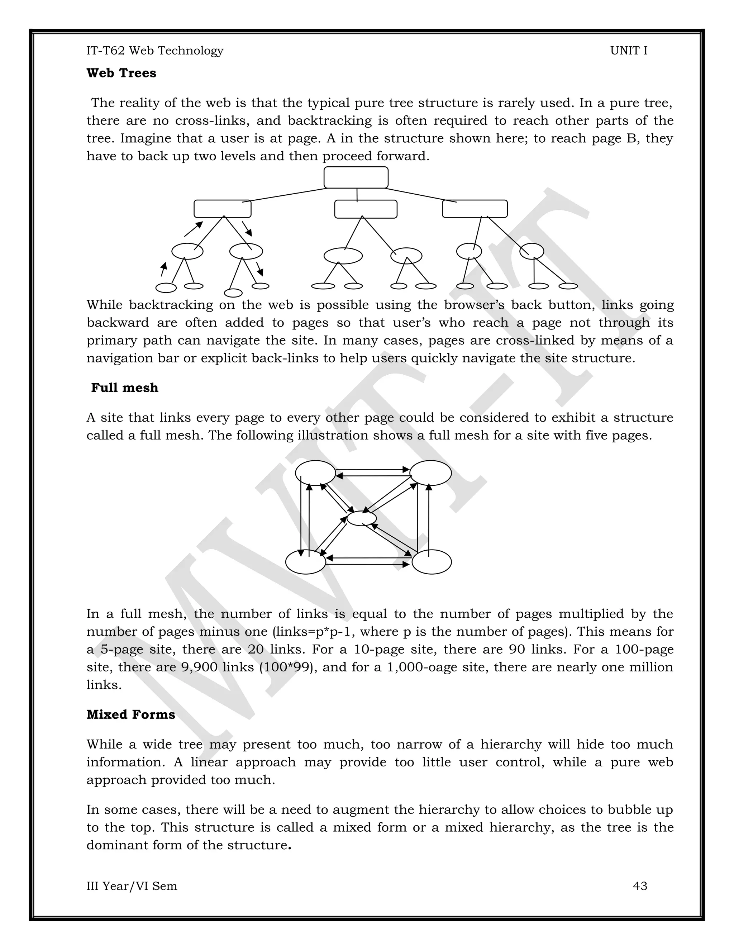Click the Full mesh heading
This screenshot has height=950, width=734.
[x=124, y=388]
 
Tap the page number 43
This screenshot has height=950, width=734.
[x=640, y=885]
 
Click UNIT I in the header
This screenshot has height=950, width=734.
[x=628, y=51]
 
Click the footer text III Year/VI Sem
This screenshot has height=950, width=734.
[x=132, y=885]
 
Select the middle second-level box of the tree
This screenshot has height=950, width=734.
[x=366, y=209]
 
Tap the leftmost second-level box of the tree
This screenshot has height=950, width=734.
[x=222, y=209]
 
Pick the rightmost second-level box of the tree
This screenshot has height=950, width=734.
[x=475, y=209]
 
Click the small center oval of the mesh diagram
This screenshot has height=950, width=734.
[x=361, y=518]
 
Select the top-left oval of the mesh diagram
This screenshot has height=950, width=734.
[x=315, y=472]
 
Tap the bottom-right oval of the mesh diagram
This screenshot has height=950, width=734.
[x=432, y=562]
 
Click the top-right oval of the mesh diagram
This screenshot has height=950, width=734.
[x=430, y=472]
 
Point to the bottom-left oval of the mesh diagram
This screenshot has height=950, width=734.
[x=306, y=562]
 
